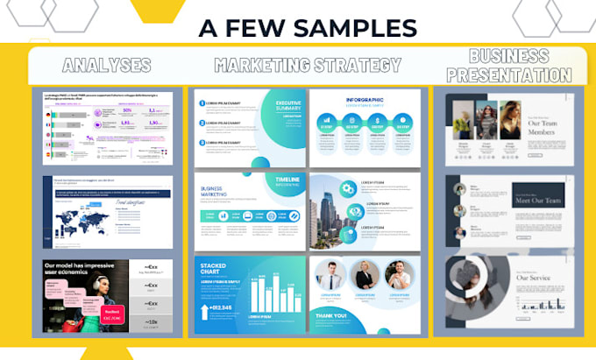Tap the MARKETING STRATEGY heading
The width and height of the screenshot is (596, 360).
pos(308,65)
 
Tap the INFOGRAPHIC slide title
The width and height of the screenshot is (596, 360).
pos(364,101)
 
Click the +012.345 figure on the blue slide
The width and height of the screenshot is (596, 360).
pos(220,307)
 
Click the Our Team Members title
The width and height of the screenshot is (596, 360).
pos(548,128)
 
